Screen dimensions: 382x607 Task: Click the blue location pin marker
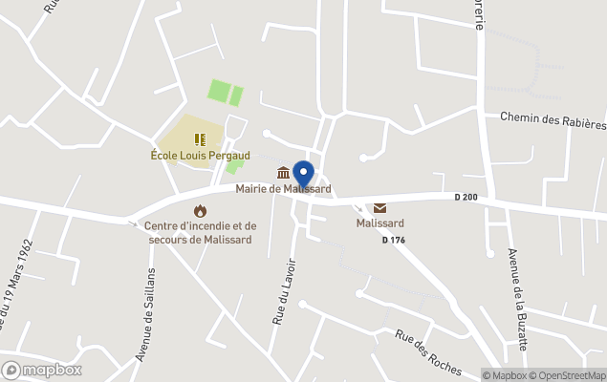303,175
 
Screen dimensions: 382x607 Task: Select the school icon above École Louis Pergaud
200,139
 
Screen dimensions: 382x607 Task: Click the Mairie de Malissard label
277,188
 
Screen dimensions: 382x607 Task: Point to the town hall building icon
283,173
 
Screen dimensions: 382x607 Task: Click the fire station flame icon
200,210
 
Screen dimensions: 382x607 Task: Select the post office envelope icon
379,208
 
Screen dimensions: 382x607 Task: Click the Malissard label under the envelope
379,223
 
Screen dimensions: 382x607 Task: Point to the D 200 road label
466,198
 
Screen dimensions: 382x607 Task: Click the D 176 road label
393,240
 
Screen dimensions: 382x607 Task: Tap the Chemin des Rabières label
553,122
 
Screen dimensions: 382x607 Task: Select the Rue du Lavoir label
281,291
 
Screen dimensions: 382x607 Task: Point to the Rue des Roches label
428,351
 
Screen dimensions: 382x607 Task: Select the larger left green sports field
219,93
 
